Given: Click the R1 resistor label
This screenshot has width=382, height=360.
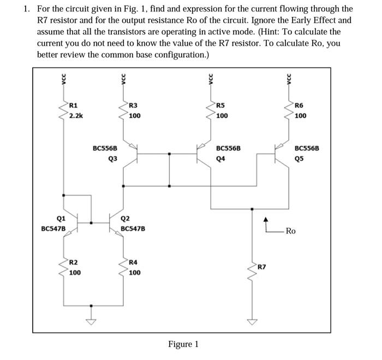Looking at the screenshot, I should [x=74, y=105].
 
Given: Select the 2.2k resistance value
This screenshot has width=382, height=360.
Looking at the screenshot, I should [x=76, y=116].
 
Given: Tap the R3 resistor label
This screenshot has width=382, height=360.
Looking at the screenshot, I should [x=133, y=105].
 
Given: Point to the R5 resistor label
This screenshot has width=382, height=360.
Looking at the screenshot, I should [x=220, y=105].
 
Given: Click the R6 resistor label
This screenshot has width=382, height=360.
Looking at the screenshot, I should [x=299, y=105].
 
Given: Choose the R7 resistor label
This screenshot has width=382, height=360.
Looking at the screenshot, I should [x=262, y=267].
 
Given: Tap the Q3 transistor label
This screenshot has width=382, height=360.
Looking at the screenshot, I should [x=112, y=159].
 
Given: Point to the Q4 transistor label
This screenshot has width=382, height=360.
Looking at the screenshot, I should [x=221, y=159].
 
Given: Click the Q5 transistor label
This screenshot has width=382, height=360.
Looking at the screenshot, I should [x=299, y=159].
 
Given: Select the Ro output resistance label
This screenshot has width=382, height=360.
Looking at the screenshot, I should [x=290, y=231].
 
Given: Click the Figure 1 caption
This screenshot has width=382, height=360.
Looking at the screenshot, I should [x=183, y=344].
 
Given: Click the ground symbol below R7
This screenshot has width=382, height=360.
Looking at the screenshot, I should [x=252, y=321].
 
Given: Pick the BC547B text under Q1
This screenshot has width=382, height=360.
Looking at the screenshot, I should [x=53, y=228].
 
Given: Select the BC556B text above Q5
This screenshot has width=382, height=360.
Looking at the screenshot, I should [x=307, y=148].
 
